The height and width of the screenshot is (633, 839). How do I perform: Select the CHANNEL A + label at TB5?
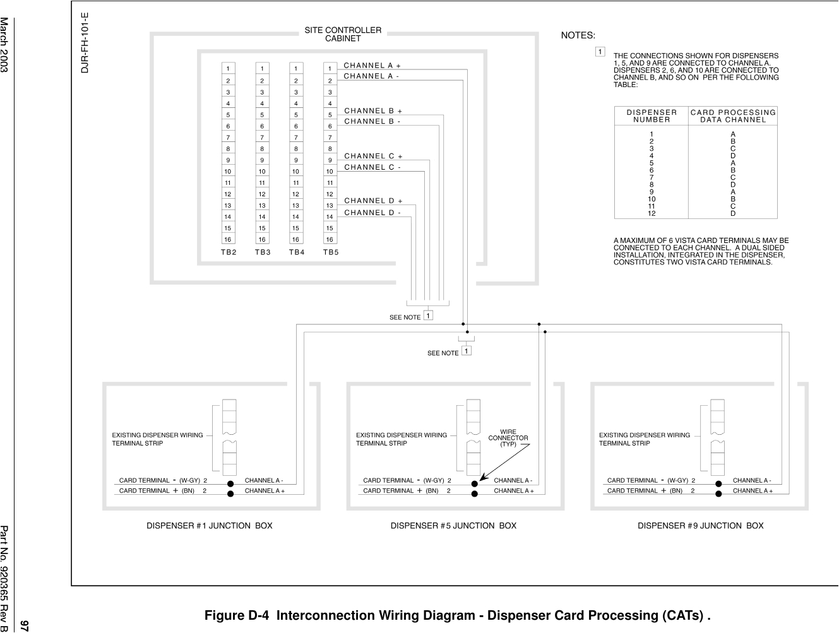(x=372, y=65)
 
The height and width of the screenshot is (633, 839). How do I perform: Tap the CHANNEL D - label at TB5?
(x=372, y=213)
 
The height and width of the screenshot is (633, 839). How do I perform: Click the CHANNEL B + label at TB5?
(x=372, y=110)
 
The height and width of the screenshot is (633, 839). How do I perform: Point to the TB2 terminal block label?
(x=229, y=252)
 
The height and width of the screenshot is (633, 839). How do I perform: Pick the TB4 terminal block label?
(x=296, y=252)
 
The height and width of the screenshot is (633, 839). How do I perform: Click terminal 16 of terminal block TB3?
(x=262, y=239)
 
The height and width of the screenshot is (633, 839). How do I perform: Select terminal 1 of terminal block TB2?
(x=228, y=68)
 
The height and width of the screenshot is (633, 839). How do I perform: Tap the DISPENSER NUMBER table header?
(x=652, y=115)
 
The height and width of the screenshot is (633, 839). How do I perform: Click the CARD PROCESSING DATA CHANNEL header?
(x=733, y=115)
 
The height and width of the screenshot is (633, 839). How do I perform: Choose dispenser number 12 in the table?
(x=652, y=213)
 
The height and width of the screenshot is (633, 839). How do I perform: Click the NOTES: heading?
(x=578, y=36)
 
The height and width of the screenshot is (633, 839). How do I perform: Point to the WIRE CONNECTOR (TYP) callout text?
(x=508, y=438)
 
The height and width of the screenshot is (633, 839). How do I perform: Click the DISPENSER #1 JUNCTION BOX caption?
(x=210, y=526)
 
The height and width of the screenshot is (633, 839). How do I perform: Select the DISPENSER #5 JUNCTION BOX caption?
(x=453, y=526)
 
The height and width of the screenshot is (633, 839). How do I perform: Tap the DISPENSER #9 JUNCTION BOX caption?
(x=700, y=526)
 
